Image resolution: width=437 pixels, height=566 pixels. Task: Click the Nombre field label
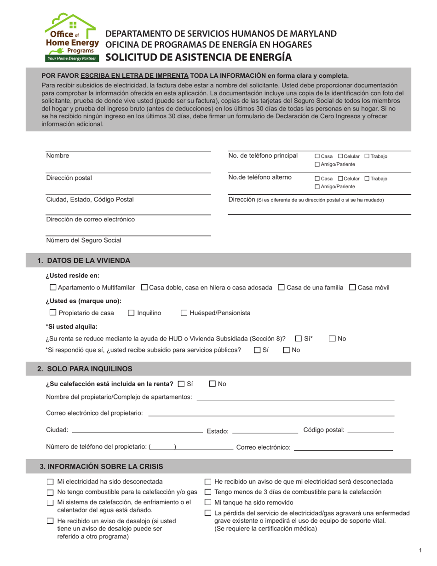pos(57,156)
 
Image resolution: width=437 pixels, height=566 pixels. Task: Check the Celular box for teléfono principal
pos(340,156)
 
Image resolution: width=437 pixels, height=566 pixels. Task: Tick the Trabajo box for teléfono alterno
pos(367,179)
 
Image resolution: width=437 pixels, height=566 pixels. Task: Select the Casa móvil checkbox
pos(352,288)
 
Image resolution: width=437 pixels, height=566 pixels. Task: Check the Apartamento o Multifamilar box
pos(53,288)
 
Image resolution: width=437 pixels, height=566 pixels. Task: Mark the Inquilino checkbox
pos(131,313)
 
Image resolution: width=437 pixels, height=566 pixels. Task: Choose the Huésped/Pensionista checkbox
pos(184,313)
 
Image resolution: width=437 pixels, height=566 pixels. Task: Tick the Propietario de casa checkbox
pos(53,313)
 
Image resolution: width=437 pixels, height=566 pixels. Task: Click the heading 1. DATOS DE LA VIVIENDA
pos(84,260)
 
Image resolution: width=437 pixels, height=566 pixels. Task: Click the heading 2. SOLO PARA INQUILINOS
pos(85,369)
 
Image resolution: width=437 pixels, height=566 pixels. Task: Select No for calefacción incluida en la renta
pos(213,384)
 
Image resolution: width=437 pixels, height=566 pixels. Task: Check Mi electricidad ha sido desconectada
pos(50,482)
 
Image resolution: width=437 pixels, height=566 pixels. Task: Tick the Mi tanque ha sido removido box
pos(208,502)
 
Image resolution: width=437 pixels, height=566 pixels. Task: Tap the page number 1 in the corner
pos(420,550)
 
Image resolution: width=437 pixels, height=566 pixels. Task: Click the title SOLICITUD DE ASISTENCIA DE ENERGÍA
pos(199,57)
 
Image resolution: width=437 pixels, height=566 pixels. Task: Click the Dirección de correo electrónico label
pos(91,219)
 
